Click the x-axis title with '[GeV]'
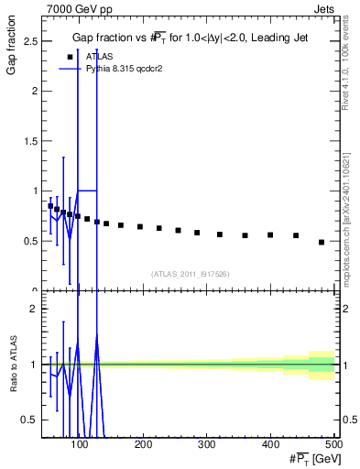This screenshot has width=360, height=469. point(308,457)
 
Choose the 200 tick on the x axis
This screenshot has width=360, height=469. point(144,445)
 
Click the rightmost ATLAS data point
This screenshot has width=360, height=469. point(322,242)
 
